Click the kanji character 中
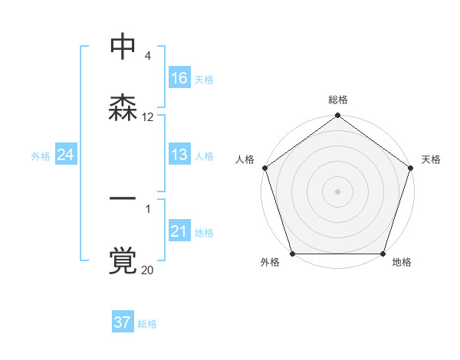(123, 47)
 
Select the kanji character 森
(123, 107)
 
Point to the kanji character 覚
(123, 260)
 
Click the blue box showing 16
(179, 78)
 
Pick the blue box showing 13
(179, 155)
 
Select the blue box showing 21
(179, 231)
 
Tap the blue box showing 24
(65, 155)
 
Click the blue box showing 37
(122, 322)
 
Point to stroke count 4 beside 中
(147, 56)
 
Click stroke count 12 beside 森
(148, 117)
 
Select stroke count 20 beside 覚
(148, 270)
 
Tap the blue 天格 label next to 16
(204, 80)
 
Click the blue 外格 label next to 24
(41, 156)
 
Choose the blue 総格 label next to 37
(147, 324)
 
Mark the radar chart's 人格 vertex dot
(264, 168)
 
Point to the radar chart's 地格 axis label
(402, 263)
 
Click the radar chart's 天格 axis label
(431, 159)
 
